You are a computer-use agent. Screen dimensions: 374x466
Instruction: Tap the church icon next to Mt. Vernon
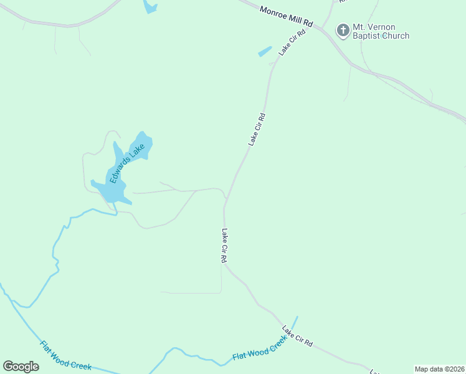[343, 29]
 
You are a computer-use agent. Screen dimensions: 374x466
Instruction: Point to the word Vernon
[383, 27]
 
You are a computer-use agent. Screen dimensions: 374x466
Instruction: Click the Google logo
[21, 367]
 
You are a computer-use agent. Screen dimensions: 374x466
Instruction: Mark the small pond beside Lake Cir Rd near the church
[265, 52]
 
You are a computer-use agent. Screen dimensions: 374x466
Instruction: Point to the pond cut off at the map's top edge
[150, 6]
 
